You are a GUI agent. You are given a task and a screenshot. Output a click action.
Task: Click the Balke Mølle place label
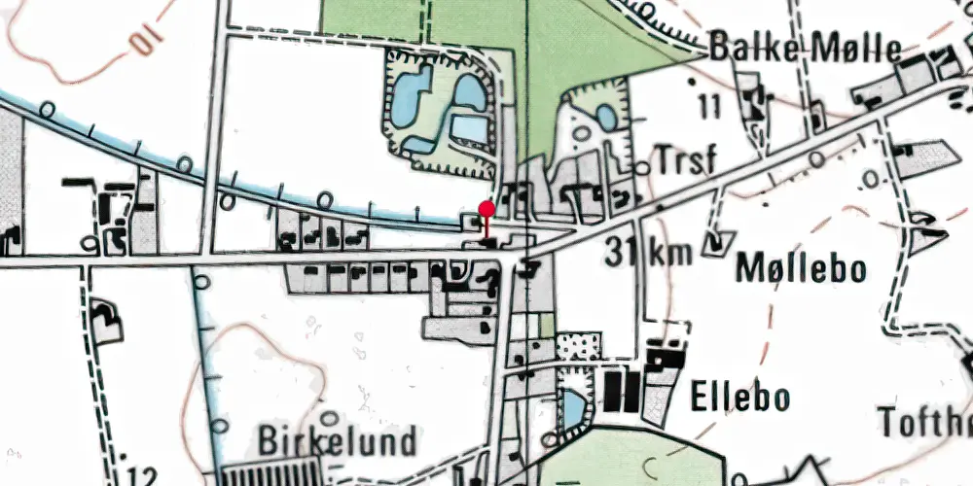[806, 47]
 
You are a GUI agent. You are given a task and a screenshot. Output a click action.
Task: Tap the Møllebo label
[802, 267]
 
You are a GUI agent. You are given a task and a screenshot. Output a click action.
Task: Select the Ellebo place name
[739, 397]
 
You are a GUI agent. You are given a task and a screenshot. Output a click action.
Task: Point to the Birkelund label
[338, 442]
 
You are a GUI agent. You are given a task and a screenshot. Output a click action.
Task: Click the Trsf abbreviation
[686, 160]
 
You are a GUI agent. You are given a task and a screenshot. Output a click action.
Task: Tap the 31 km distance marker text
[647, 253]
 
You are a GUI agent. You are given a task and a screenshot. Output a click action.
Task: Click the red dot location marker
[486, 208]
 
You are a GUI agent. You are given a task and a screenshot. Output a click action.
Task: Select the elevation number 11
[709, 107]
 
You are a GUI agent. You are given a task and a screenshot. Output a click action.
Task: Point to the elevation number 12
[142, 476]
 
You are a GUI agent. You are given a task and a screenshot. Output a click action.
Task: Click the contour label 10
[142, 41]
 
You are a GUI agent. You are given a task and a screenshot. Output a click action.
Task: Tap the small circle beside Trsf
[642, 169]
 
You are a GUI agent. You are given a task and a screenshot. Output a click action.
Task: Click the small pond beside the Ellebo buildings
[574, 409]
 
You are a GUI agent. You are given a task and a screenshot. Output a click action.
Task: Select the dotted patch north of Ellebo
[578, 346]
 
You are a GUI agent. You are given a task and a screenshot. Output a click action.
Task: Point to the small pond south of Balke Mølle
[605, 118]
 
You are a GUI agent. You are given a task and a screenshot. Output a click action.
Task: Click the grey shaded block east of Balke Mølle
[930, 156]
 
